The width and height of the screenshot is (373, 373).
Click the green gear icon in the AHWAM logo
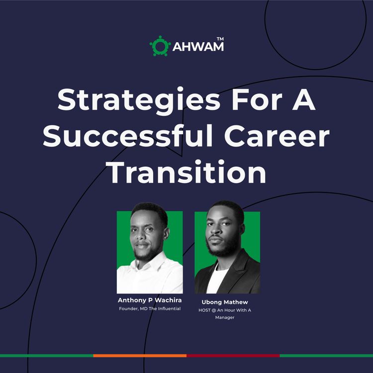click(x=160, y=45)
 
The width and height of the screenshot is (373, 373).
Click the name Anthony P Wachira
click(x=149, y=300)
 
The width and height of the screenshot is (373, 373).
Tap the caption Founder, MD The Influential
click(x=149, y=309)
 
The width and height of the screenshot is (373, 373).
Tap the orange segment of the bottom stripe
click(x=140, y=356)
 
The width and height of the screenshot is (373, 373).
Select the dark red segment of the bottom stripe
click(x=233, y=356)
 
